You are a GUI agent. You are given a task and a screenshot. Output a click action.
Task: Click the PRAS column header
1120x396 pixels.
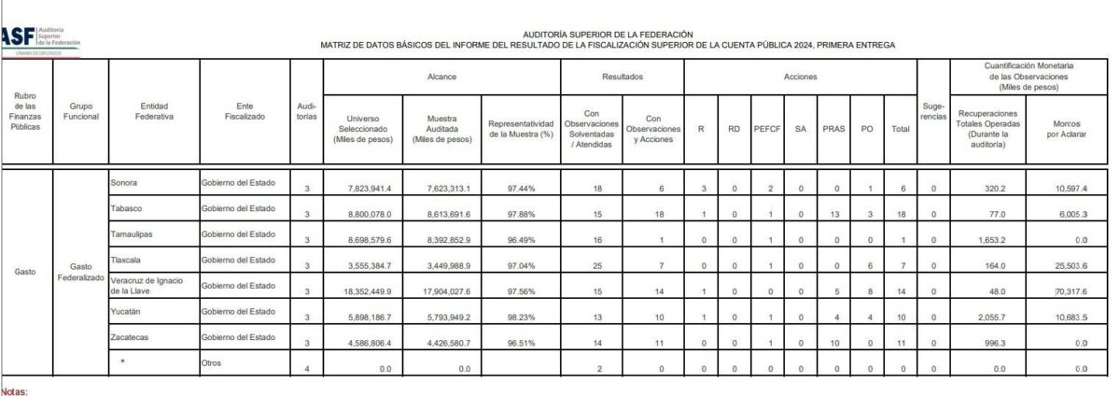click(833, 129)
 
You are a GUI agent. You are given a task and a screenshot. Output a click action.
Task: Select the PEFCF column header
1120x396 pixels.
click(766, 129)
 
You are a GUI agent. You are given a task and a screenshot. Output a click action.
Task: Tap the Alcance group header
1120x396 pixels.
click(441, 77)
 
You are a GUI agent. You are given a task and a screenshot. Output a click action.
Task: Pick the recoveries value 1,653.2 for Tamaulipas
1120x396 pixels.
click(987, 241)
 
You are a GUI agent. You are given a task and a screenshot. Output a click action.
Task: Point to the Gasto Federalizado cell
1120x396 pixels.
click(80, 272)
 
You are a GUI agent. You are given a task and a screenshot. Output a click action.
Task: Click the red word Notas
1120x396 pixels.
click(15, 392)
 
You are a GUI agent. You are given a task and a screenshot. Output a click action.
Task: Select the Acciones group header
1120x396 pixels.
click(800, 77)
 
